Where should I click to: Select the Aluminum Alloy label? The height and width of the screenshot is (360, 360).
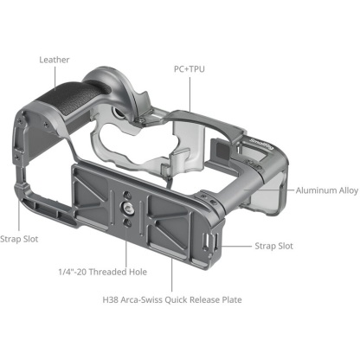click(x=325, y=190)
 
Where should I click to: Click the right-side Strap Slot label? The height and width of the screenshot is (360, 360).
click(x=273, y=246)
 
